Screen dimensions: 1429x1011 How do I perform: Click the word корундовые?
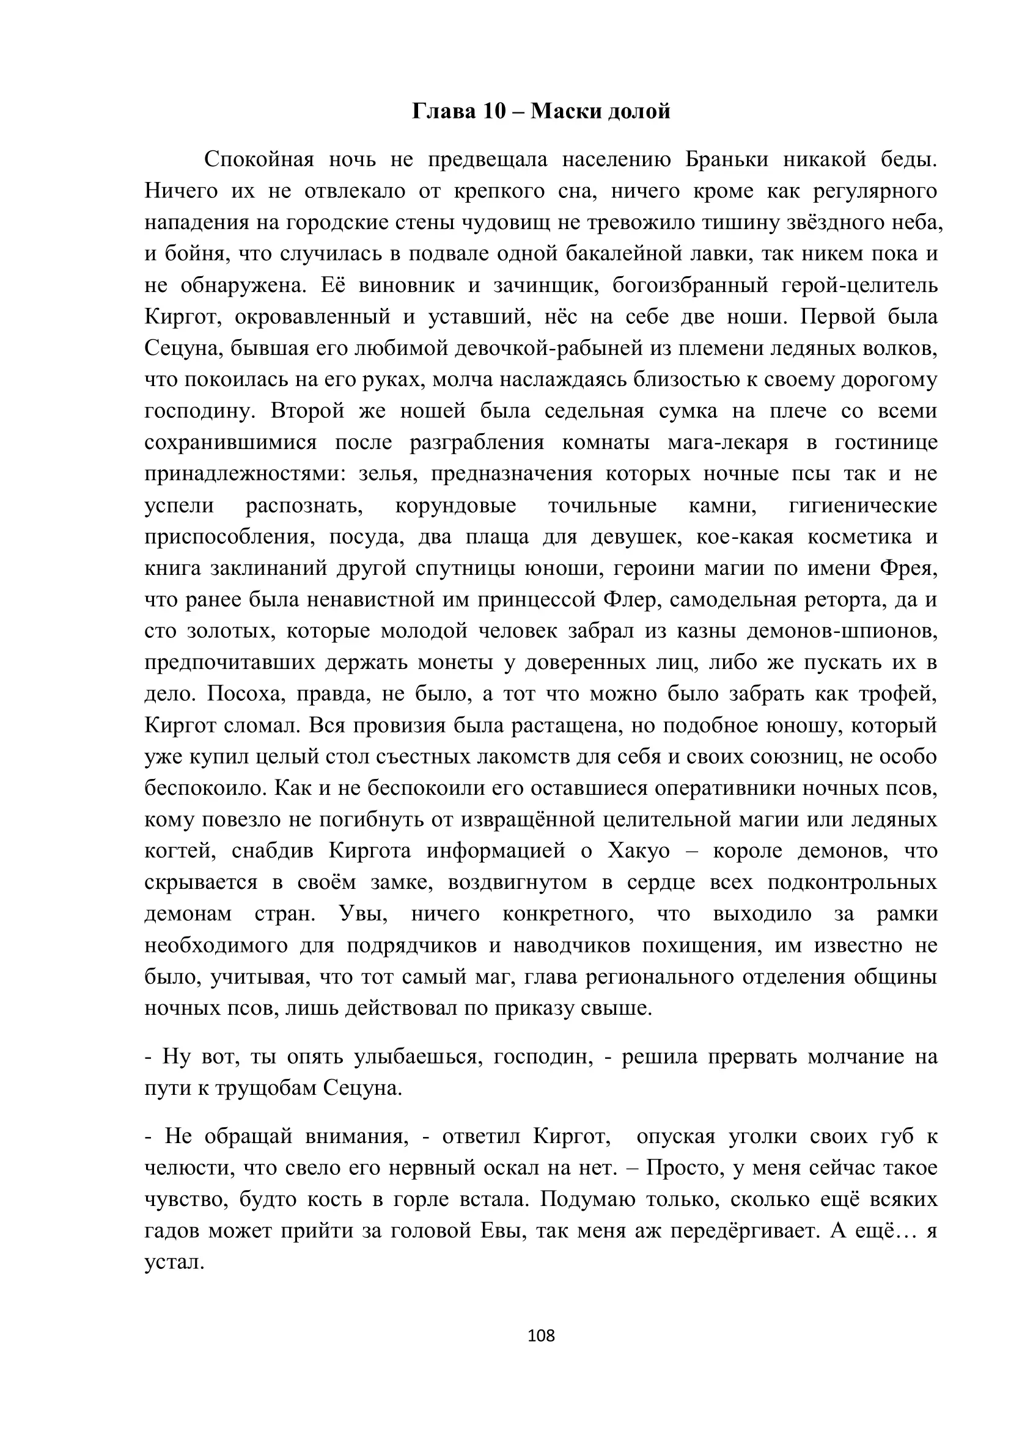(456, 505)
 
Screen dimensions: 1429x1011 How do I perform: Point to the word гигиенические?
(863, 505)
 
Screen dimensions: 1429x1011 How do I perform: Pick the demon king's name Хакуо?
(638, 851)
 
